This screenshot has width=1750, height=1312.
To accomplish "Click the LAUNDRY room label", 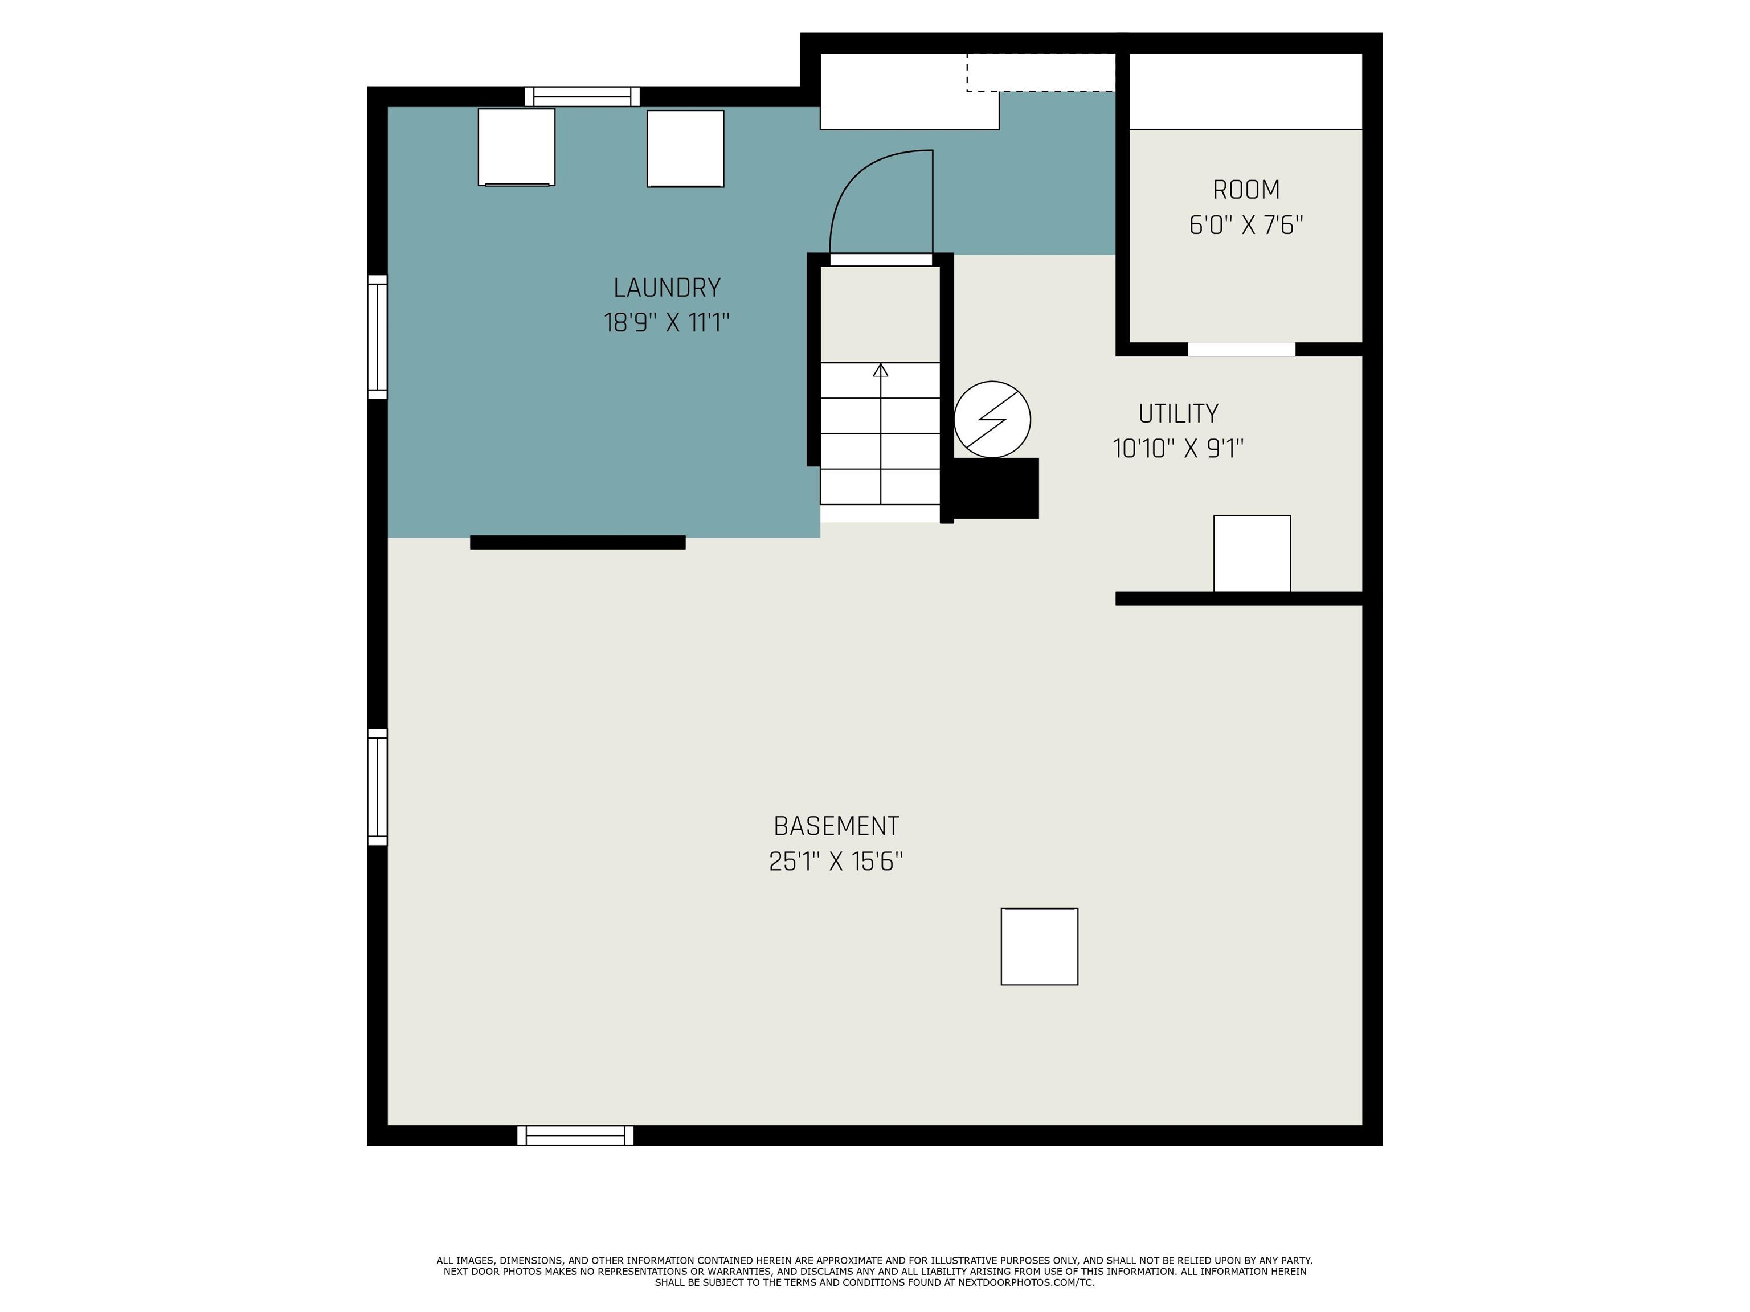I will [667, 287].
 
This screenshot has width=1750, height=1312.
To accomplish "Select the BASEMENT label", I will [836, 826].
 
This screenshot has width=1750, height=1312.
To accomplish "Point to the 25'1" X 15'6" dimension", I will [836, 861].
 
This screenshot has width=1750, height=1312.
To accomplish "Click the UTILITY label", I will [1178, 413].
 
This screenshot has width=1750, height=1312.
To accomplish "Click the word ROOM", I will [1246, 190].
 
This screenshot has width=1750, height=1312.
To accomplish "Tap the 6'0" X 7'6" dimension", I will [1246, 225].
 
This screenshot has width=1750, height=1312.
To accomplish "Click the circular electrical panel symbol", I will [992, 419].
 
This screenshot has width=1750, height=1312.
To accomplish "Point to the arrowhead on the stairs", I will [881, 370].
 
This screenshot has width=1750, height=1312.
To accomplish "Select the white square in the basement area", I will [1038, 946].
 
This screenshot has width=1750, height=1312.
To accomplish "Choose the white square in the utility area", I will [1252, 553].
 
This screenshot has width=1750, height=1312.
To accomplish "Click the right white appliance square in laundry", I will [685, 148].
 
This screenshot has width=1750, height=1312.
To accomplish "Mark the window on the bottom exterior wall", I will [575, 1135].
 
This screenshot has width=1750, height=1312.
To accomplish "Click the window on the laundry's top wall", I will [582, 96].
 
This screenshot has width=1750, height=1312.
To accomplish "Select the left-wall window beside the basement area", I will [377, 787].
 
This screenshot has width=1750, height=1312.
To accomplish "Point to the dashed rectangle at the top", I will [1040, 72].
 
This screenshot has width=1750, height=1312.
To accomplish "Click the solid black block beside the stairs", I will [995, 488].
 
